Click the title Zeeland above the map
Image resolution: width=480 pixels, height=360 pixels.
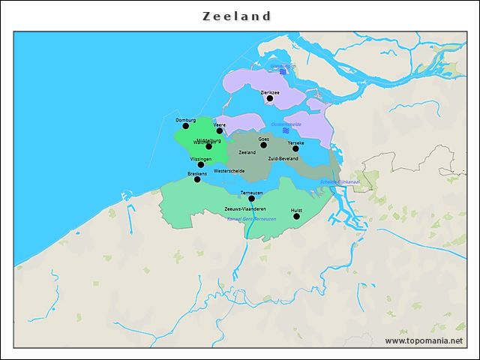[x=237, y=16]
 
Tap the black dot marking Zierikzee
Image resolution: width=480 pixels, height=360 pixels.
[x=270, y=98]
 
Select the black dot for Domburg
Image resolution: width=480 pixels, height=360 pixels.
[x=186, y=126]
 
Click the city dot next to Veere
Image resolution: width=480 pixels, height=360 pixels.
[x=220, y=130]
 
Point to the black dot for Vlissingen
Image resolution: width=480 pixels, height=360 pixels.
[x=201, y=165]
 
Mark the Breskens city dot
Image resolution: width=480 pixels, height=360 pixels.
[x=197, y=179]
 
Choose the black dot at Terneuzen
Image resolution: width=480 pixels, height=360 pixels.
[x=251, y=199]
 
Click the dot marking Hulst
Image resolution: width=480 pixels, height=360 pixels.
[x=296, y=217]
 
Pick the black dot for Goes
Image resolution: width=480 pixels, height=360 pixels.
[x=263, y=145]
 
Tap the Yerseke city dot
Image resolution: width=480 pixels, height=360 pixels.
[x=295, y=148]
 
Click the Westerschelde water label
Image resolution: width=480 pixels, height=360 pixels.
[x=229, y=171]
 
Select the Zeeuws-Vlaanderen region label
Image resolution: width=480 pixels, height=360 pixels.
[x=245, y=208]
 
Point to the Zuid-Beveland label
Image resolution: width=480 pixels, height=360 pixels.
[x=283, y=159]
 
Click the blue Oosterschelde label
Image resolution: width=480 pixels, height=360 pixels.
[x=286, y=124]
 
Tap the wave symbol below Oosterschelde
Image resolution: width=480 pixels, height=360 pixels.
[x=286, y=131]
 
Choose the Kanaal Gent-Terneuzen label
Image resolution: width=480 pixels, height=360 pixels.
[x=251, y=219]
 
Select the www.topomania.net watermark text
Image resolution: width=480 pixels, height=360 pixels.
[x=424, y=341]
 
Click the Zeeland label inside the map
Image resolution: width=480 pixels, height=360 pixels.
[x=247, y=152]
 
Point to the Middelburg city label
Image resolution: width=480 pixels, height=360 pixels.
[x=209, y=140]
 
